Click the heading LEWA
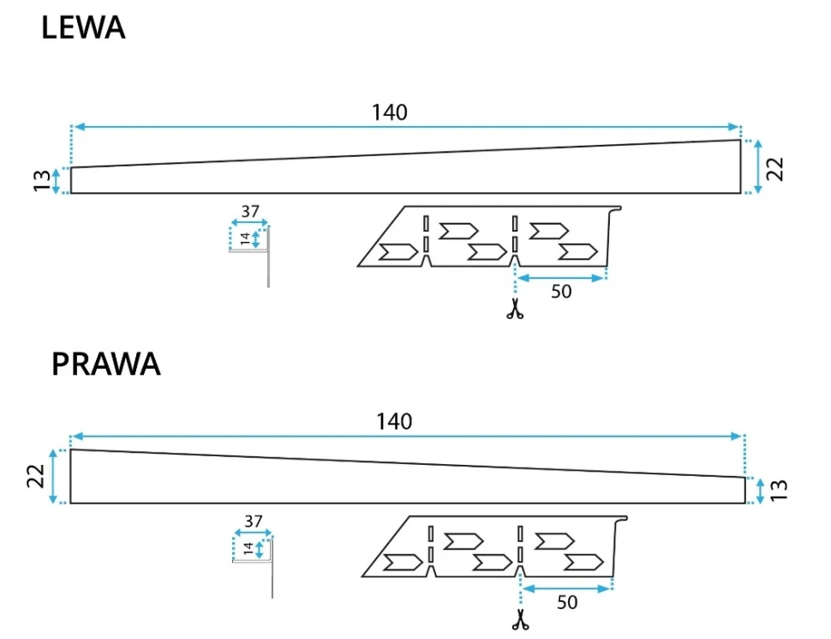tap(83, 28)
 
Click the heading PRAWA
tap(105, 364)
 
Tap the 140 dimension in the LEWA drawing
tap(390, 112)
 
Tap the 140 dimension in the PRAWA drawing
tap(394, 421)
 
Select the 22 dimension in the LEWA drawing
tap(775, 167)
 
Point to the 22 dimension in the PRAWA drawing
tap(36, 477)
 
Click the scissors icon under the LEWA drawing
tap(514, 310)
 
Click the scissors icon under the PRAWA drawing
tap(519, 619)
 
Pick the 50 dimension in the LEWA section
tap(561, 292)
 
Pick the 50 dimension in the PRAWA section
tap(567, 602)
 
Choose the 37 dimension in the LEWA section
tap(250, 212)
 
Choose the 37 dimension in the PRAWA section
tap(254, 521)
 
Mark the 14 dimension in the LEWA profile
tap(244, 239)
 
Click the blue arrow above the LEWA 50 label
tap(561, 277)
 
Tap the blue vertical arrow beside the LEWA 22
tap(758, 166)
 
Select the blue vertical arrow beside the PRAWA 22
tap(54, 476)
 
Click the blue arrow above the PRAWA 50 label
tap(567, 588)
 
